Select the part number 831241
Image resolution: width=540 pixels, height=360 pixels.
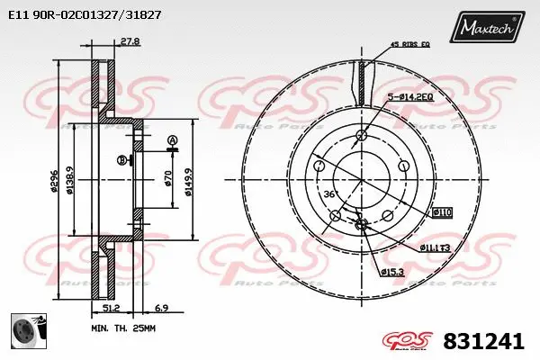click(483, 341)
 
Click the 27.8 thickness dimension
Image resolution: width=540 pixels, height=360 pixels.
click(130, 40)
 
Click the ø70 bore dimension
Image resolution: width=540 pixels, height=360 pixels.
click(167, 177)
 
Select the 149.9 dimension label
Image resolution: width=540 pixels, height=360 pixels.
click(186, 175)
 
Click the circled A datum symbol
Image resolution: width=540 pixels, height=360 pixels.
click(171, 139)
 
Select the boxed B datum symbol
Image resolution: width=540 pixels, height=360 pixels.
click(121, 160)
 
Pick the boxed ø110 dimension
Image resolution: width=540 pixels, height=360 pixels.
click(442, 212)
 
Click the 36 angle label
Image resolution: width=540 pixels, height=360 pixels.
click(328, 194)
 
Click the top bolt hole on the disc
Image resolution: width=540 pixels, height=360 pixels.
click(361, 136)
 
